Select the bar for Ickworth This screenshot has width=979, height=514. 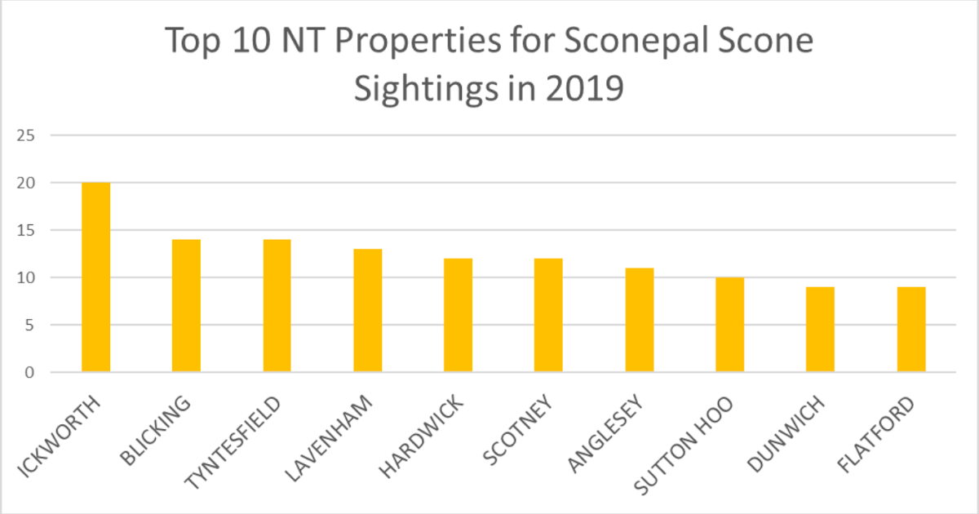(95, 277)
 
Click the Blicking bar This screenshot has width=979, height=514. (186, 306)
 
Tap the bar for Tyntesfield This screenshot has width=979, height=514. (277, 306)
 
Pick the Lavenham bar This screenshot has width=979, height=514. (367, 311)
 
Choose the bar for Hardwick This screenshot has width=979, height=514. (458, 316)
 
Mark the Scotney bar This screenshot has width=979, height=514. (548, 316)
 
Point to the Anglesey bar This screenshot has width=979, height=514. (639, 321)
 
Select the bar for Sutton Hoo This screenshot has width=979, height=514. (729, 325)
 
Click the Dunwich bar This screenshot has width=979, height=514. (820, 330)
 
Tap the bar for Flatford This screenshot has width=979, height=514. (910, 330)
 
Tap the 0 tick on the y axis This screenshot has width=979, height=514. (31, 373)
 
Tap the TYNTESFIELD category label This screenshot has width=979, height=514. (233, 441)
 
